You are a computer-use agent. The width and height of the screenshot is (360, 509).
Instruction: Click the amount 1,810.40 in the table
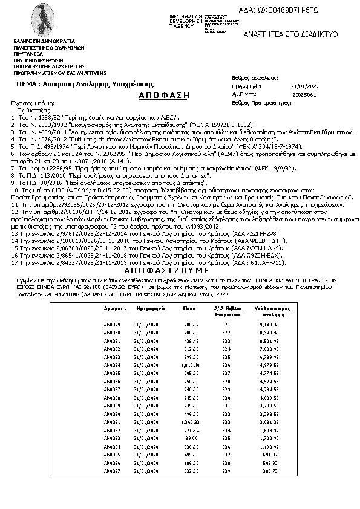[x=191, y=365]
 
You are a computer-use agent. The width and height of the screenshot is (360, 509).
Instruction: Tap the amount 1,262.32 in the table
[x=191, y=421]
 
